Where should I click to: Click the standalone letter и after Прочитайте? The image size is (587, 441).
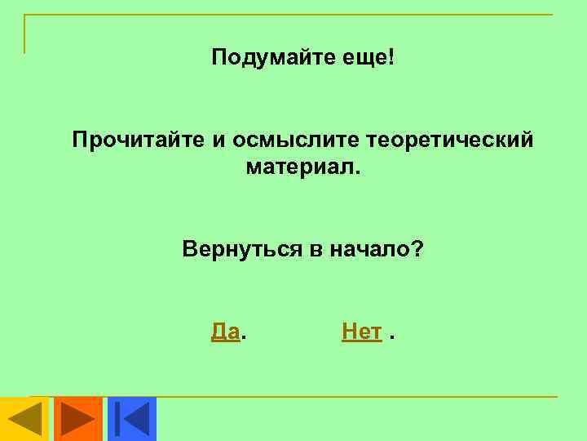(218, 140)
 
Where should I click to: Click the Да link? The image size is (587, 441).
(225, 332)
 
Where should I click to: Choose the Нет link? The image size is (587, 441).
(362, 332)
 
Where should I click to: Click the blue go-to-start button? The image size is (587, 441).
(131, 418)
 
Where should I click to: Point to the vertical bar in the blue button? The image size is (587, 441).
(119, 418)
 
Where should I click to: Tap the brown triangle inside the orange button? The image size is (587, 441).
(78, 418)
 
